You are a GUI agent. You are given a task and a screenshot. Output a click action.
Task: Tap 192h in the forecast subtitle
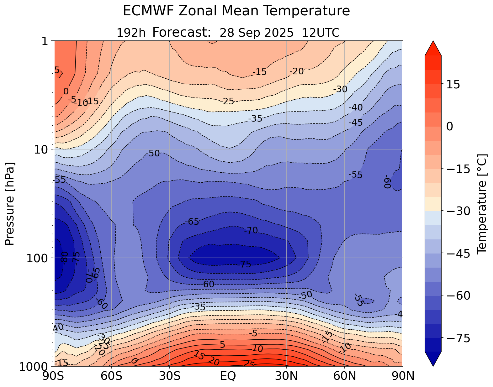tap(131, 33)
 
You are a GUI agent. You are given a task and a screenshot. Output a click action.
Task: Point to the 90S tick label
tap(54, 376)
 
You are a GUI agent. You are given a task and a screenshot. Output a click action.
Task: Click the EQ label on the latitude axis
tap(228, 376)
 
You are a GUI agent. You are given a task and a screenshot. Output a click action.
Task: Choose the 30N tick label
tap(286, 376)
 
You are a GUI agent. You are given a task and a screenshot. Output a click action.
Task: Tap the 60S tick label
tap(112, 376)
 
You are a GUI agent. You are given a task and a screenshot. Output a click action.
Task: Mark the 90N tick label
tap(403, 376)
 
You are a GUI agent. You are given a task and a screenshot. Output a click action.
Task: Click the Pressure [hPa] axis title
tap(10, 204)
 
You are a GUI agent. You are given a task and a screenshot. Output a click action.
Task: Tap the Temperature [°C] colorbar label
tap(482, 204)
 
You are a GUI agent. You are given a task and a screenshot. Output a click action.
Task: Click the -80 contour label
tap(64, 258)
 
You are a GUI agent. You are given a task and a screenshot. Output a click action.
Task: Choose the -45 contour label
tap(356, 123)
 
